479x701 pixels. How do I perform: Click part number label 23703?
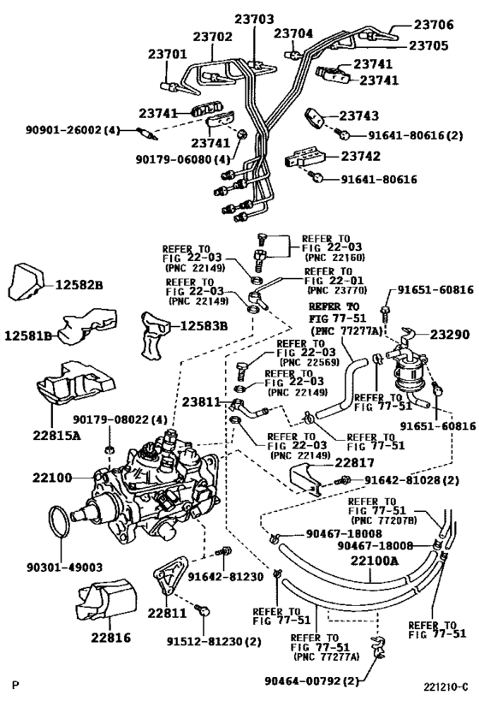coord(254,19)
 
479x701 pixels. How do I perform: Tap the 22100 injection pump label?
coord(52,478)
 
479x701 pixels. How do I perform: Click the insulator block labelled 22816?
coord(107,599)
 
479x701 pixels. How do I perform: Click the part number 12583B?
coord(204,326)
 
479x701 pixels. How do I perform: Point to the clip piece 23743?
coord(316,118)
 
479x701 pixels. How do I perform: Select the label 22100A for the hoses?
coord(374,560)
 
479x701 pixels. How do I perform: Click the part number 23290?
coord(450,335)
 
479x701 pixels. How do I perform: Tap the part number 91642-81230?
coord(226,577)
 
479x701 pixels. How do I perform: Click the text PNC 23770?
coord(337,290)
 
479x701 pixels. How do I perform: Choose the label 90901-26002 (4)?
coord(73,130)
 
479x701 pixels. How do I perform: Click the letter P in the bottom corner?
coord(15,685)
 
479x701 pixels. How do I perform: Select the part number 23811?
coord(201,402)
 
